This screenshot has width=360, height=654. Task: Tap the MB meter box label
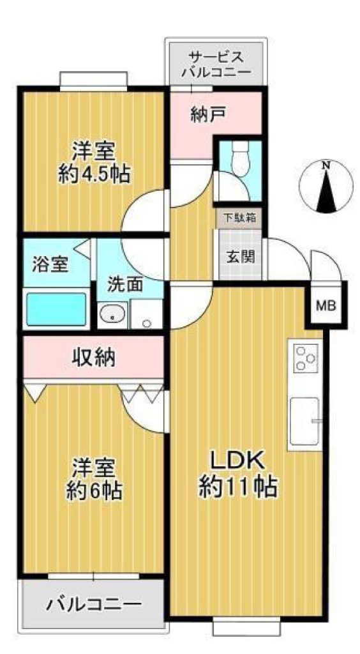click(326, 306)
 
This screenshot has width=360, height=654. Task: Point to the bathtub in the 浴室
click(57, 308)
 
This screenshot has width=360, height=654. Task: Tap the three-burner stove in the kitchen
click(305, 358)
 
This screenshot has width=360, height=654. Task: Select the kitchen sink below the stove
click(305, 421)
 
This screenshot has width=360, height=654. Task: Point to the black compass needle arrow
click(326, 190)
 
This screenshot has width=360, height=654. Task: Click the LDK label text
click(237, 461)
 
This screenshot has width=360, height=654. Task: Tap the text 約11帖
click(238, 486)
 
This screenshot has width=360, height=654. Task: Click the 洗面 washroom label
click(125, 284)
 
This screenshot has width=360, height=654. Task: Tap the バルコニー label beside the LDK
click(94, 604)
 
